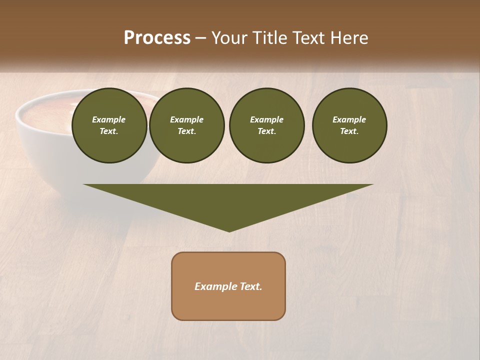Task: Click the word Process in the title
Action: coord(157,38)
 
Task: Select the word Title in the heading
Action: coord(269,38)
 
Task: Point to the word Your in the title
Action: coord(230,38)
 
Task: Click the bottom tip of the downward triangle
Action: coord(229,230)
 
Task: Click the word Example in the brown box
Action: coord(214,286)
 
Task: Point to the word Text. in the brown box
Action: coord(249,286)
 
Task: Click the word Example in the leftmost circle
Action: coord(109,119)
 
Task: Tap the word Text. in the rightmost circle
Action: coord(349,131)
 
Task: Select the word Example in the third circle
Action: coord(266,119)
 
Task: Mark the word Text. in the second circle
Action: coord(186,131)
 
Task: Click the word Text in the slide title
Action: coord(308,38)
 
